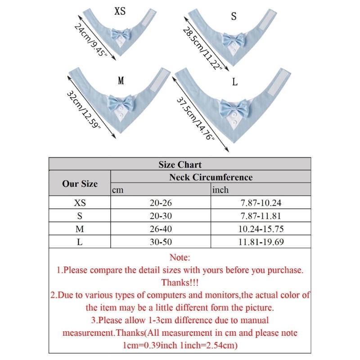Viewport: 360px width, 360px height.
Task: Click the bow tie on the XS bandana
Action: click(120, 34)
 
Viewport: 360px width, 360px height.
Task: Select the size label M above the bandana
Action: click(121, 81)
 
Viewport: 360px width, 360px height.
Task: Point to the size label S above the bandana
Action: click(234, 16)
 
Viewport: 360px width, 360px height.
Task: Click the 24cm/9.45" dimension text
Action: click(91, 40)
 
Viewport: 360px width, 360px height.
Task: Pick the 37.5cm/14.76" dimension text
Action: click(196, 118)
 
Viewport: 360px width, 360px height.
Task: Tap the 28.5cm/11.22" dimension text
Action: click(202, 49)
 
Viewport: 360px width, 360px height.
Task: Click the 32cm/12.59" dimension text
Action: click(84, 110)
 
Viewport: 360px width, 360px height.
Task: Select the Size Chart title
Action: click(180, 164)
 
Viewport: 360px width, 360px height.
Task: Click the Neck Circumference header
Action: click(211, 177)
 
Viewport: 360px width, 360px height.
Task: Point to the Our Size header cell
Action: click(80, 184)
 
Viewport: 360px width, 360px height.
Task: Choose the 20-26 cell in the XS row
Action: click(161, 203)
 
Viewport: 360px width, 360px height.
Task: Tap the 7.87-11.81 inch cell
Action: click(261, 216)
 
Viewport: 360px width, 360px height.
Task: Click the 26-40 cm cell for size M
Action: click(161, 229)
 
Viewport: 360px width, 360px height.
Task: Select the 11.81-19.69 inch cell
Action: click(261, 242)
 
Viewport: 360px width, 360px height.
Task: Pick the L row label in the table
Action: click(80, 242)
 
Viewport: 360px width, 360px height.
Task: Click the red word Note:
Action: click(180, 257)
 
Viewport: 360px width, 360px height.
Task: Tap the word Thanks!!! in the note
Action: click(180, 283)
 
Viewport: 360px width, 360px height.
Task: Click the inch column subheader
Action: click(220, 190)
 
